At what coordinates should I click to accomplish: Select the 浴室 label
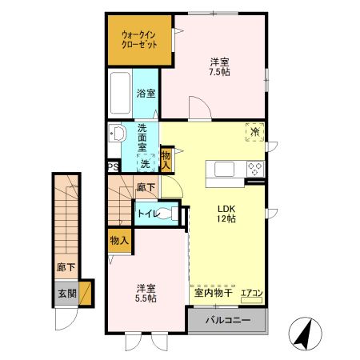pos(146,94)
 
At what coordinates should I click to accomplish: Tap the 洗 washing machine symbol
pos(145,163)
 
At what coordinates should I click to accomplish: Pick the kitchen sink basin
pos(222,168)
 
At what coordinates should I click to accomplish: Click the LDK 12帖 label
pos(226,213)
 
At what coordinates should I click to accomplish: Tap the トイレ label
pos(147,214)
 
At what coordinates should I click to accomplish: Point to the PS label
pos(113,167)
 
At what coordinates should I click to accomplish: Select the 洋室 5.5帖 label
pos(145,293)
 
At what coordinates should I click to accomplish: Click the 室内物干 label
pos(213,294)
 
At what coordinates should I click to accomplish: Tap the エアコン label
pos(251,294)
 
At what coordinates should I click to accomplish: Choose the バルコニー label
pos(226,321)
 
